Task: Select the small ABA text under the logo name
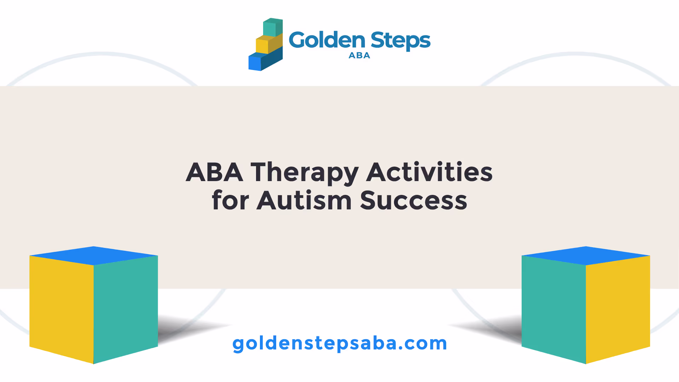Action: click(359, 56)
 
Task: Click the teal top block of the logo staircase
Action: click(273, 28)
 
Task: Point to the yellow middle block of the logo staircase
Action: click(269, 44)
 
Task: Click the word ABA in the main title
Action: click(215, 172)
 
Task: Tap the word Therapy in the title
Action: click(304, 174)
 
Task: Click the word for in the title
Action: click(230, 200)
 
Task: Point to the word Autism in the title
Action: click(304, 200)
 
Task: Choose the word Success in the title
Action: click(413, 201)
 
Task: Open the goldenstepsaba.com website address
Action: click(340, 343)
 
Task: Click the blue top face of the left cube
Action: click(94, 255)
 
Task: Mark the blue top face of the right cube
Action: click(586, 255)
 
